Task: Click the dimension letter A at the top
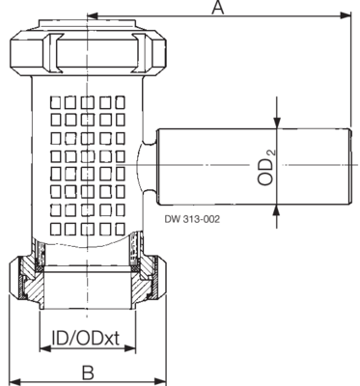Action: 218,8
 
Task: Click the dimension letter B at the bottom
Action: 88,372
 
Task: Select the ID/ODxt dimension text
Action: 86,338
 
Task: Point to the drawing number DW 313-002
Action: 192,219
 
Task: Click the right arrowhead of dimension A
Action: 346,15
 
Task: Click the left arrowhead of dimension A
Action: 93,15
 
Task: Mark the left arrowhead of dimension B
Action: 14,382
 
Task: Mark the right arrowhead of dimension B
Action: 161,382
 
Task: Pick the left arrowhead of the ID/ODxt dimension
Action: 44,348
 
